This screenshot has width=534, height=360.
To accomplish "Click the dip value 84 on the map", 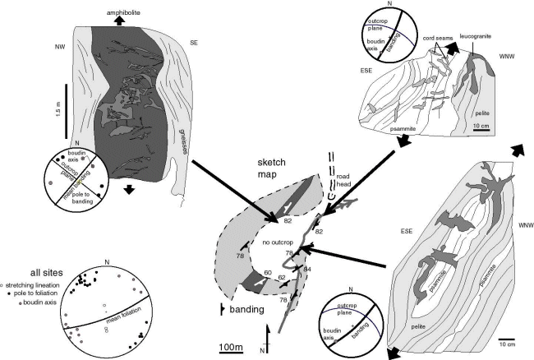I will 308,269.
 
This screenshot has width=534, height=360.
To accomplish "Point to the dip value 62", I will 282,279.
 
